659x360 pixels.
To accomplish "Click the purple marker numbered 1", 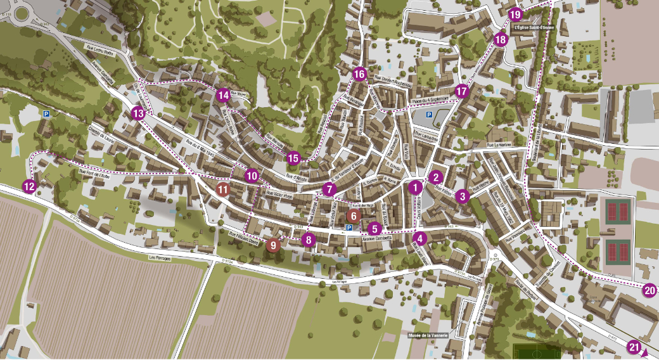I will click(415, 187).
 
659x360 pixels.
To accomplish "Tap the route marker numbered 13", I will click(138, 114).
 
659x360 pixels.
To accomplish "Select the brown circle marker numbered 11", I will click(222, 190).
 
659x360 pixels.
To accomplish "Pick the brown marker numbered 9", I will click(274, 245).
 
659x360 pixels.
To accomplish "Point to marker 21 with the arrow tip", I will click(634, 347).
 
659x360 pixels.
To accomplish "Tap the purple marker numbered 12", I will click(29, 186).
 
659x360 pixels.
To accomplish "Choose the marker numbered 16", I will click(359, 74).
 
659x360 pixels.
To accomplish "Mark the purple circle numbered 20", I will click(649, 291).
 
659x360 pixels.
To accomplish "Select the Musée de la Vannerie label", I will click(428, 335).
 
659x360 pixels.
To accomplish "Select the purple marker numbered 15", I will click(293, 158).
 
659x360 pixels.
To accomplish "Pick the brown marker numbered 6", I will click(354, 215).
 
